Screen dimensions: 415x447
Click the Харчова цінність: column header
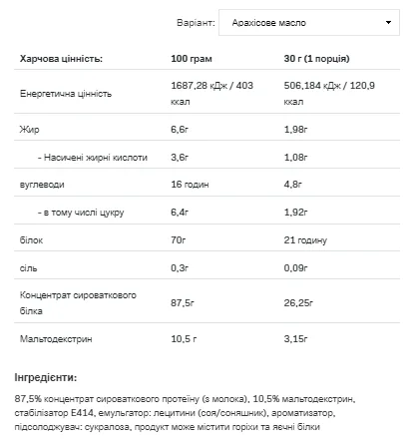61,60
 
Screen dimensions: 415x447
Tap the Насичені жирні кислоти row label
95,157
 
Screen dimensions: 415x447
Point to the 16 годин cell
194,185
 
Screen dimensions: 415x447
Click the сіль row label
29,268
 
